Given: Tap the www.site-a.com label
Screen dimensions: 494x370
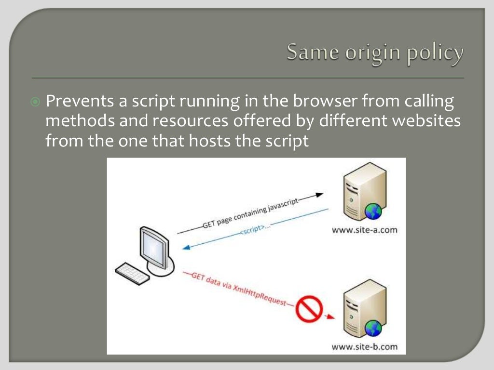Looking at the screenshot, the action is pyautogui.click(x=365, y=230).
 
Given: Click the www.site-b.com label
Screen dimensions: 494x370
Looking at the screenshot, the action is pyautogui.click(x=365, y=346).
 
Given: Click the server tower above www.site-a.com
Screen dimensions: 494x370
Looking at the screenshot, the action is pyautogui.click(x=358, y=191).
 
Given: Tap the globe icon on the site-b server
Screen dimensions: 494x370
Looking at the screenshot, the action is pyautogui.click(x=373, y=329).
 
